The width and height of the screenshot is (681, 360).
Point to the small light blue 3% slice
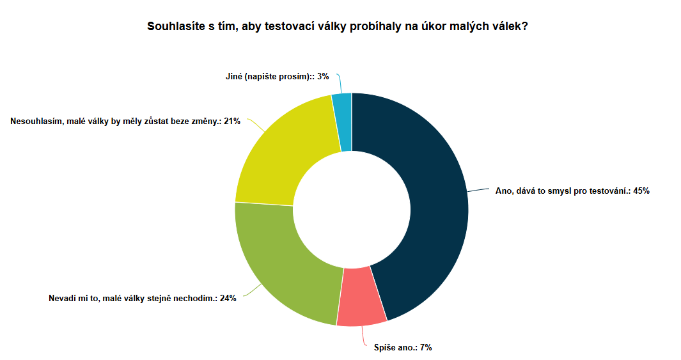[342, 121]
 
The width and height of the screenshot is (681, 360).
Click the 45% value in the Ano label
[641, 191]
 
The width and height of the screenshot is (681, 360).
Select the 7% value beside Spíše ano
[426, 348]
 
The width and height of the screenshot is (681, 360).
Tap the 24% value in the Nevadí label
[228, 298]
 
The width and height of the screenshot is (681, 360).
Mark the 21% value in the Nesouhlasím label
[232, 121]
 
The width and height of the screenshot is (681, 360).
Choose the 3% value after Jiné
[323, 76]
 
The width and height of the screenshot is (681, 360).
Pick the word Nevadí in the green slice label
[62, 298]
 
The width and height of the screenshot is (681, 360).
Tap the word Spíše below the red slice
[385, 348]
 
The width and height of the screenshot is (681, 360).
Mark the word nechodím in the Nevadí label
[195, 298]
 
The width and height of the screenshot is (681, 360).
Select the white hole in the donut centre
[351, 209]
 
